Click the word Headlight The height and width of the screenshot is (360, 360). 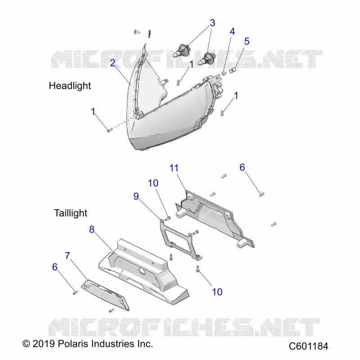pyautogui.click(x=70, y=85)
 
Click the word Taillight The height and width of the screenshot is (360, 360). pyautogui.click(x=71, y=213)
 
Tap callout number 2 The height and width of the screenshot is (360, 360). pyautogui.click(x=112, y=63)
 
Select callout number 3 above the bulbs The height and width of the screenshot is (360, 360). pyautogui.click(x=212, y=23)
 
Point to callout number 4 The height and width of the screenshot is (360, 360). pyautogui.click(x=232, y=31)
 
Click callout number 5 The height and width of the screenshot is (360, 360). pyautogui.click(x=247, y=41)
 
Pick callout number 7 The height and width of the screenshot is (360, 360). pyautogui.click(x=67, y=256)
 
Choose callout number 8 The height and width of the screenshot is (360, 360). pyautogui.click(x=92, y=229)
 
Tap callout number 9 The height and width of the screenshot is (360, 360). pyautogui.click(x=136, y=196)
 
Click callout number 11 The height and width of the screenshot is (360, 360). pyautogui.click(x=174, y=168)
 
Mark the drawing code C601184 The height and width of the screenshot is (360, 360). pyautogui.click(x=308, y=346)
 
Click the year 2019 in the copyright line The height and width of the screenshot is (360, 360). pyautogui.click(x=44, y=344)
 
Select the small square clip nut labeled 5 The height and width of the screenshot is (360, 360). pyautogui.click(x=233, y=70)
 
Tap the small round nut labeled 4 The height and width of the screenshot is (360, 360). pyautogui.click(x=224, y=73)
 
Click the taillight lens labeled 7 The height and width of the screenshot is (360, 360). pyautogui.click(x=105, y=295)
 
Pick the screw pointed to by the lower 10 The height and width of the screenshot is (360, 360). pyautogui.click(x=198, y=269)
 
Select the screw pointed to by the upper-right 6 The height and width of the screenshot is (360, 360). pyautogui.click(x=261, y=195)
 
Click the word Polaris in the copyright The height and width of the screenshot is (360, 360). pyautogui.click(x=73, y=344)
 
